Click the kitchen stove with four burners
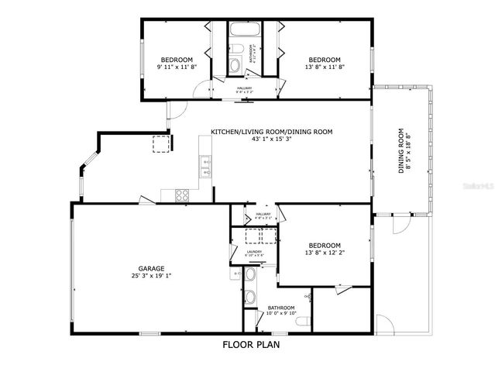[x=182, y=195]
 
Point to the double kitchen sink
[x=205, y=164]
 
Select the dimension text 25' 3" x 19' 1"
[x=151, y=275]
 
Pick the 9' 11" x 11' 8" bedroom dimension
[x=177, y=67]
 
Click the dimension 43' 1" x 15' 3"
[x=271, y=139]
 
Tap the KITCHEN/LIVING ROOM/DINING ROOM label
[x=271, y=132]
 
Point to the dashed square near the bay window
[x=160, y=143]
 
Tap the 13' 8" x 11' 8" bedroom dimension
[x=325, y=67]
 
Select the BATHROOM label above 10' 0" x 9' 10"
[x=280, y=308]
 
